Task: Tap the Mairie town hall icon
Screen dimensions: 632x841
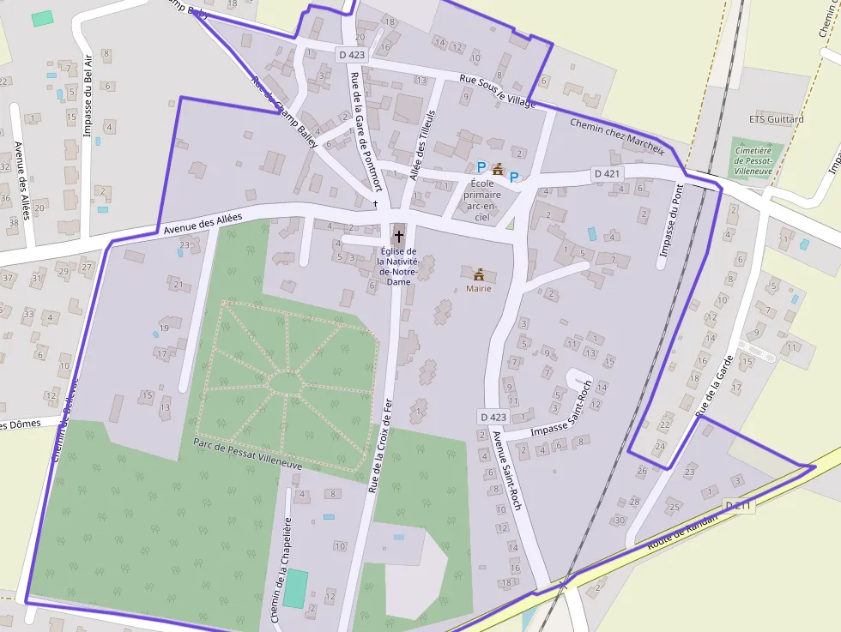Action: click(479, 274)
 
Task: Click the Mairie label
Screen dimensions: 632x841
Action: click(479, 289)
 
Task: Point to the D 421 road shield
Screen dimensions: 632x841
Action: click(607, 173)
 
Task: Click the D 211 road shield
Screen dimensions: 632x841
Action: click(738, 506)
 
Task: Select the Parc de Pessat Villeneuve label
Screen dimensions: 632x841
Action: click(247, 454)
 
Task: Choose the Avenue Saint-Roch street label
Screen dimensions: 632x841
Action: click(506, 470)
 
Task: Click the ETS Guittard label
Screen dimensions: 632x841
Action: click(776, 119)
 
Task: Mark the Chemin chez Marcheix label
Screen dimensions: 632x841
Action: click(617, 135)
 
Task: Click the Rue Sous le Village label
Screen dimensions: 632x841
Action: click(498, 92)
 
